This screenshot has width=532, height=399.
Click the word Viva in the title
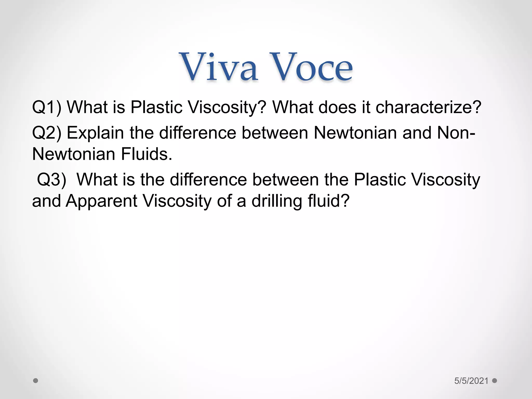coord(219,67)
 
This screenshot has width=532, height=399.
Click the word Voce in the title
coord(311,67)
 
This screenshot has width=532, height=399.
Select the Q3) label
coord(51,179)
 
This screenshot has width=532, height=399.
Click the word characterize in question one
coord(429,107)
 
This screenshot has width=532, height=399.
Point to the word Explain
coord(95,133)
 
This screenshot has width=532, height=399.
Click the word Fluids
coord(147,154)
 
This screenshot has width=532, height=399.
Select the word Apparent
coord(101,201)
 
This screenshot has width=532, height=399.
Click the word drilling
coord(277,201)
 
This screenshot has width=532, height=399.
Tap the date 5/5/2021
coord(471,381)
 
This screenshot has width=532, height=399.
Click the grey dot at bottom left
coord(36,381)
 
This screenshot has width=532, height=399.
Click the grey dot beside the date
coord(495,381)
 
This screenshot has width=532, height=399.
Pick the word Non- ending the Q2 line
coord(456,133)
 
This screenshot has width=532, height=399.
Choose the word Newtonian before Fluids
coord(74,154)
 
